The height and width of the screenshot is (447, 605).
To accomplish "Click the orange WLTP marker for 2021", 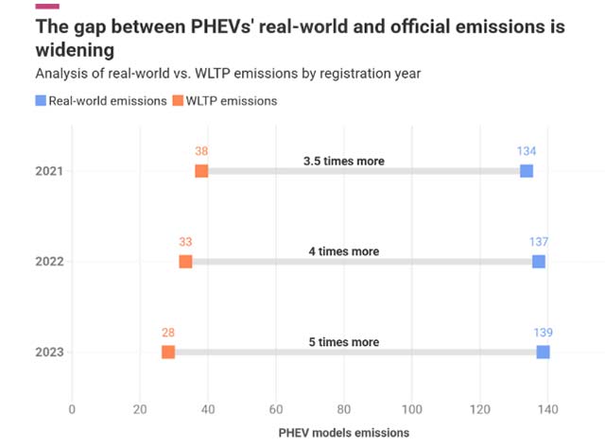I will click(x=201, y=171).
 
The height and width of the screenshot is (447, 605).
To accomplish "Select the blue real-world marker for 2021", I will click(x=527, y=171).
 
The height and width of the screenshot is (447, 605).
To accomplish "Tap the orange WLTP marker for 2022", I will click(x=185, y=262).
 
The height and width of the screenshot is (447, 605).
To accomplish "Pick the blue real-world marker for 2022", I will click(x=539, y=262).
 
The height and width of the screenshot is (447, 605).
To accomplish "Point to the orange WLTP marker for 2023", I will click(x=168, y=352).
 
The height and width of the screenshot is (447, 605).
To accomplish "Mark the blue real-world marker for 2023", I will click(x=544, y=352).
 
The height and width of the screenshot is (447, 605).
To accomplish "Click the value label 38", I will click(x=201, y=151).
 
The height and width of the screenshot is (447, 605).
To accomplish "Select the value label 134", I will click(x=527, y=151).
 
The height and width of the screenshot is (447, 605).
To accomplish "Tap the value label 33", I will click(x=185, y=242).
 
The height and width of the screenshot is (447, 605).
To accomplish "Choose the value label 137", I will click(x=539, y=242).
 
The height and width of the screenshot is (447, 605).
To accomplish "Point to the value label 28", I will click(x=168, y=333).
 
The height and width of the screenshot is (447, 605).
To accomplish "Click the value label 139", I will click(x=543, y=333).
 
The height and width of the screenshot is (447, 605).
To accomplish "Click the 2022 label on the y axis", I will click(x=48, y=262).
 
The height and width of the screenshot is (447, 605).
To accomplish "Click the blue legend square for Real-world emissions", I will click(x=41, y=101).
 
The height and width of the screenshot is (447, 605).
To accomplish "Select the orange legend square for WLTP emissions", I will click(x=177, y=101).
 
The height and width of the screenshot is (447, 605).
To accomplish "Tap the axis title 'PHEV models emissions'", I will click(x=344, y=433).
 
